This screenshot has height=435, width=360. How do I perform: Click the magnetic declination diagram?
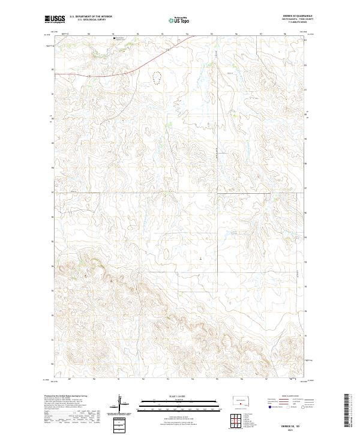[121, 403]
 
